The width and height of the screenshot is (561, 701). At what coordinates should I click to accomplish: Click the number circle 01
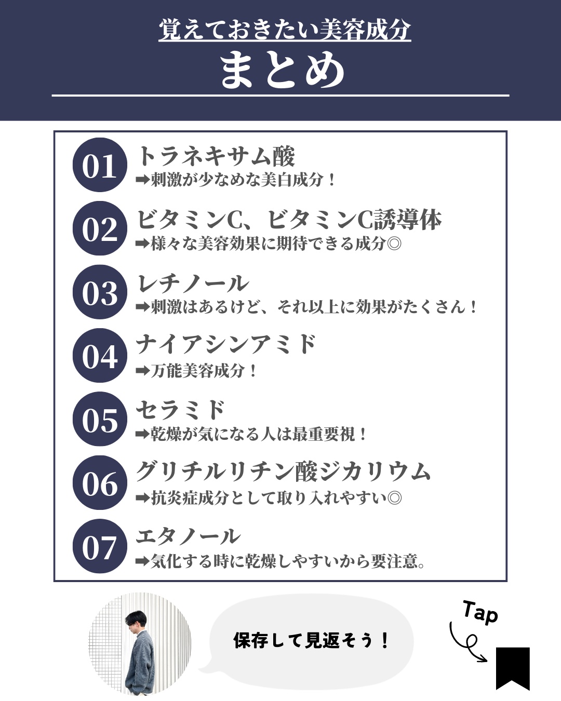99,166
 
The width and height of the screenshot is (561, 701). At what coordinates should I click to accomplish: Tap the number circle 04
99,356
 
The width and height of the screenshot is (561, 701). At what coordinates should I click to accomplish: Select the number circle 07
99,547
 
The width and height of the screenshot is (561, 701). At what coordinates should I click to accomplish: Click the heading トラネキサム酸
216,156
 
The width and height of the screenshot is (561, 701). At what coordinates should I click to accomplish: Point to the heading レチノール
192,284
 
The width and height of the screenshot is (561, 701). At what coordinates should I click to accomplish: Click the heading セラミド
180,410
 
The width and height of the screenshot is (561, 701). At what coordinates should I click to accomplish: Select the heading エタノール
188,536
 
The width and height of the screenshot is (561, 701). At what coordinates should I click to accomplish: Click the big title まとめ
281,71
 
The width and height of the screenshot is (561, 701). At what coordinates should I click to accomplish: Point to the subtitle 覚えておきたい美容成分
285,30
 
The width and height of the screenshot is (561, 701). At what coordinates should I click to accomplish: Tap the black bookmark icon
512,667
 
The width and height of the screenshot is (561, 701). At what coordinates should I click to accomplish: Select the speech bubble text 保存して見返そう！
311,641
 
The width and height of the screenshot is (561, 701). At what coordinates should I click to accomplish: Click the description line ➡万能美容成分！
196,371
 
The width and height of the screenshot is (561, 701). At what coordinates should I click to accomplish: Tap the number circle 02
99,229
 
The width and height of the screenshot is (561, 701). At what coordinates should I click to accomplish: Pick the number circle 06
99,483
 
